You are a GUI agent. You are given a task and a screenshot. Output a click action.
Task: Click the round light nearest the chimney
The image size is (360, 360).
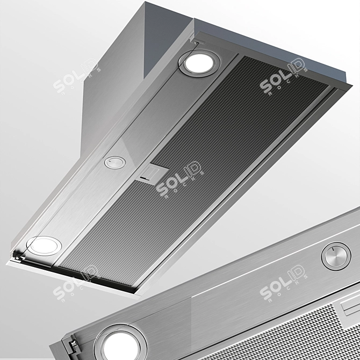pos(199,62)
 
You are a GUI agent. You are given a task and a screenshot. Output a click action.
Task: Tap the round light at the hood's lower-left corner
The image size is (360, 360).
pos(43,246)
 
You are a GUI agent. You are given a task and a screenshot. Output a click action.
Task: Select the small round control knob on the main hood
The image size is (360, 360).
pos(114,162)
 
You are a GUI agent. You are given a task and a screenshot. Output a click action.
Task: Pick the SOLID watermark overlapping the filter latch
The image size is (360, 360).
pos(180,177)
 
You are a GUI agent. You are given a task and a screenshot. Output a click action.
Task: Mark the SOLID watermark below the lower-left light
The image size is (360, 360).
pos(76,282)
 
